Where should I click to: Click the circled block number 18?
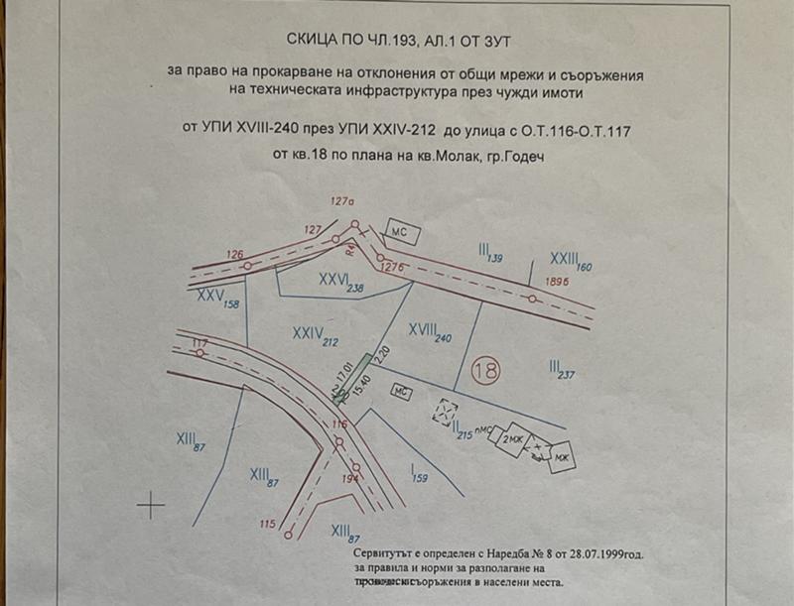(x=486, y=370)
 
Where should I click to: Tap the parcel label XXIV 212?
(x=317, y=335)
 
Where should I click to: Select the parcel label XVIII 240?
(x=430, y=331)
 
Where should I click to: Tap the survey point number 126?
(x=234, y=255)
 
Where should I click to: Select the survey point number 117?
(x=199, y=343)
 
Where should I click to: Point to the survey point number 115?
(x=265, y=524)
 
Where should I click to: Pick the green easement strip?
(x=354, y=377)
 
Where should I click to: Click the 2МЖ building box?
(x=512, y=438)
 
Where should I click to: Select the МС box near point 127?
(x=403, y=232)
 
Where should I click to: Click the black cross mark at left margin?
(x=151, y=505)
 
